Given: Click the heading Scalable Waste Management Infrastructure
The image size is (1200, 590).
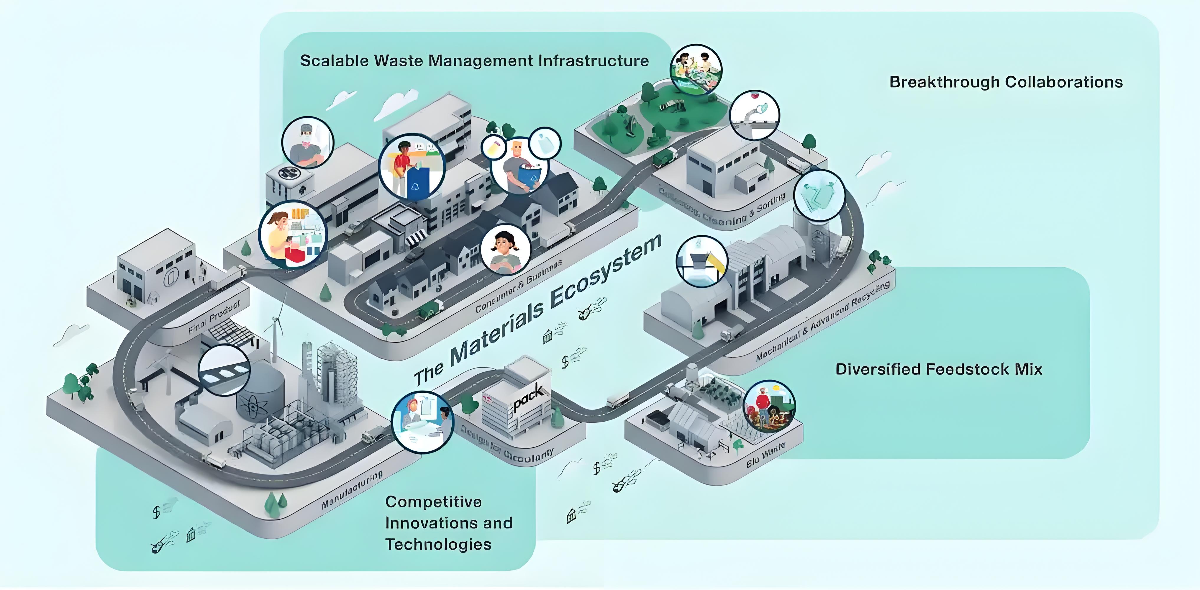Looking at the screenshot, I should point(474,60).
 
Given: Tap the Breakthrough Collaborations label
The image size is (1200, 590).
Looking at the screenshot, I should point(1006,82).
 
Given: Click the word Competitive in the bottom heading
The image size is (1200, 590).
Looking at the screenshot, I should point(433,502).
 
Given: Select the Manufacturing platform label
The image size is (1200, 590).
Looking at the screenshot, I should point(352,490).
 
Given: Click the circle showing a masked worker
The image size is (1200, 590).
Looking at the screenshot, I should point(308,142).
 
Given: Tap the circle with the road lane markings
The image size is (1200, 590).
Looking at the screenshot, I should point(224,370).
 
